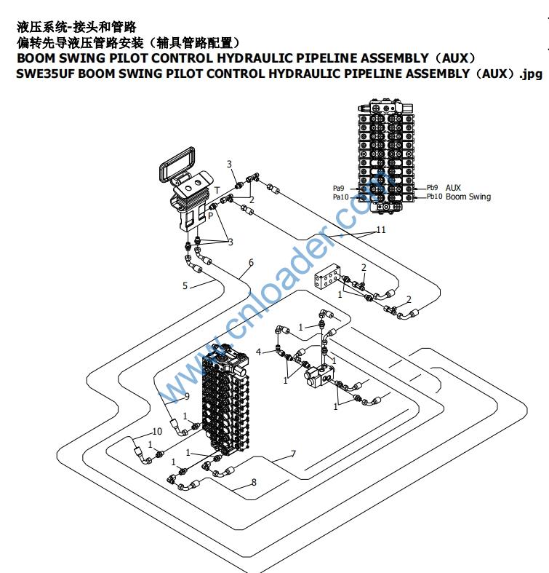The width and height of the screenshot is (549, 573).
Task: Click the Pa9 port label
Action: pos(340,188)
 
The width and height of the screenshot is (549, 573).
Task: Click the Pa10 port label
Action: pos(341,197)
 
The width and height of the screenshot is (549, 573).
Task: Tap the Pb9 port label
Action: pos(433,187)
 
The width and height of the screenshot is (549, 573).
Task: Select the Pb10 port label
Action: pos(434,197)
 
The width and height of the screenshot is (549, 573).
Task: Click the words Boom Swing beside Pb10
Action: pos(468,197)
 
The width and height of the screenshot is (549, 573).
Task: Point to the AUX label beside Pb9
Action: pos(453,187)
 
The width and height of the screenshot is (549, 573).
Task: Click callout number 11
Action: pos(380,230)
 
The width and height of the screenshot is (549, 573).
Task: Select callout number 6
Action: pos(251,263)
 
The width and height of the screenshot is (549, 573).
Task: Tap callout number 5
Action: pos(185,286)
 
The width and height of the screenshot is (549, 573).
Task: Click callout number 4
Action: pos(258,352)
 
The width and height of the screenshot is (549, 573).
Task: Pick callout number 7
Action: pos(293,454)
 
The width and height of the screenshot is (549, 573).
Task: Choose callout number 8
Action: pos(254,481)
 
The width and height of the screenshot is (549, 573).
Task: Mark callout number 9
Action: pos(186,396)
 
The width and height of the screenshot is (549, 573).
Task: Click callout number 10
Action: pos(157,432)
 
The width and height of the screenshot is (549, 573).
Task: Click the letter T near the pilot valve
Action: pos(216,190)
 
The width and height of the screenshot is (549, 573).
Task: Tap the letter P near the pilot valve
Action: pos(210,216)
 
